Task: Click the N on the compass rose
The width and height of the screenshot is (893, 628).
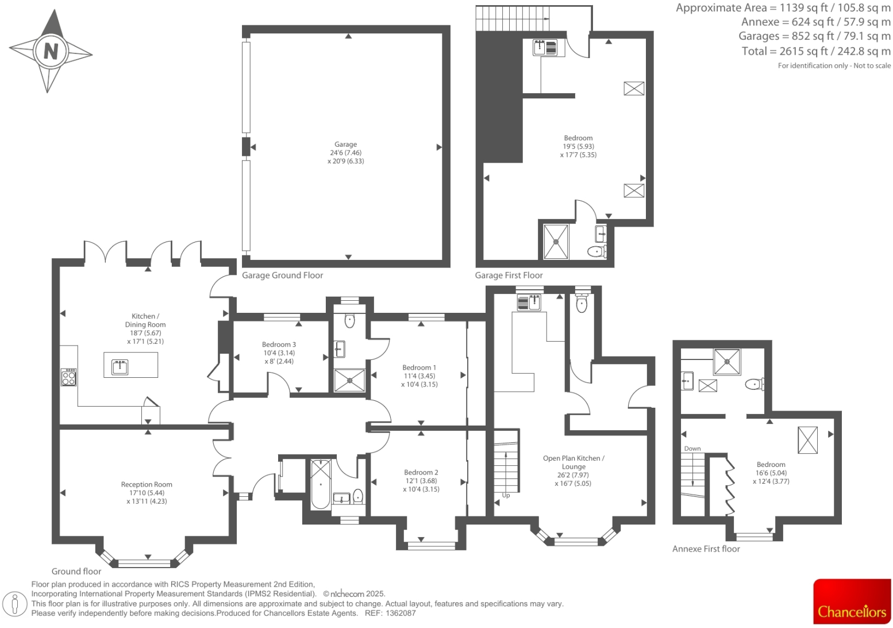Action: (x=51, y=51)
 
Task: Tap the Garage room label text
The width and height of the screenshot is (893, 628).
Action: (x=345, y=145)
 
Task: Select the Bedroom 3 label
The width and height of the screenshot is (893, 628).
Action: (x=279, y=345)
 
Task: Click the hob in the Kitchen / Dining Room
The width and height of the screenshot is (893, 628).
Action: (x=68, y=377)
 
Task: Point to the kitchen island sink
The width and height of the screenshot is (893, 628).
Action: (x=120, y=366)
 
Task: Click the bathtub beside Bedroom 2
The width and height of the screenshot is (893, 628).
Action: (x=320, y=484)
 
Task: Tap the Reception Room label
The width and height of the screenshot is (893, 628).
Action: (x=147, y=485)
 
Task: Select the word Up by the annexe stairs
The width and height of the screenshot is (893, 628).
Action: (x=506, y=495)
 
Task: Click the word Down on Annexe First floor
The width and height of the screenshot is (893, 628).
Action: (x=692, y=449)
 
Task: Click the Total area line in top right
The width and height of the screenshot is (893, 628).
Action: (x=816, y=51)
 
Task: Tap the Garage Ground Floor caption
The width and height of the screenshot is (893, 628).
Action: (x=282, y=275)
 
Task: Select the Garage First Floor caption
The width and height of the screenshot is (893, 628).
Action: (x=509, y=275)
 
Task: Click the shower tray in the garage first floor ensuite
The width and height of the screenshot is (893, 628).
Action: (x=556, y=242)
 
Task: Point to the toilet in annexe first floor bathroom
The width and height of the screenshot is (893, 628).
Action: (x=753, y=384)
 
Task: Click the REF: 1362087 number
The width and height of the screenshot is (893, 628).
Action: (x=401, y=613)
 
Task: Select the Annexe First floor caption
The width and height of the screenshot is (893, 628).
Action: (x=706, y=549)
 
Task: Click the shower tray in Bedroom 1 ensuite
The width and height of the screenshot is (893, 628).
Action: (x=349, y=380)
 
